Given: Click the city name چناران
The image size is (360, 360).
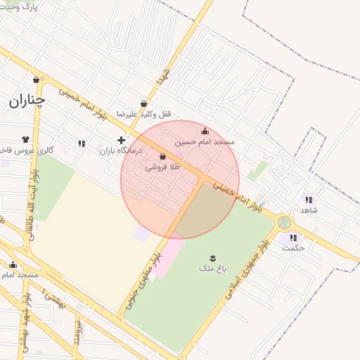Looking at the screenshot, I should point(27,101).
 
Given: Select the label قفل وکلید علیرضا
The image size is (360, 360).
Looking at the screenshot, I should point(143,114).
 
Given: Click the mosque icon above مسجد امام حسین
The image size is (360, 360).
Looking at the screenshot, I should point(205,131).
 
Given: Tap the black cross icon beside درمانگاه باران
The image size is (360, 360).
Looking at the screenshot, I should point(121,140).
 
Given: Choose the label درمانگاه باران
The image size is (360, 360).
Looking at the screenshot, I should point(120,150).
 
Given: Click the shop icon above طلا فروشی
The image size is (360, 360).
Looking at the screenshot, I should point(163,156).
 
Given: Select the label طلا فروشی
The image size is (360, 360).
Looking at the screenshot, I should point(163,167).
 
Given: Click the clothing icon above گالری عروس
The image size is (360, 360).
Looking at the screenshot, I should point(26,139).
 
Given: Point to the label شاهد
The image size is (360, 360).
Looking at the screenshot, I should point(309,210).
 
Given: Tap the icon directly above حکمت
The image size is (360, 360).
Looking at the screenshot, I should point(292,238).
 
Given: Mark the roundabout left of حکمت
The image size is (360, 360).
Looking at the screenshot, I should point(284,222).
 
